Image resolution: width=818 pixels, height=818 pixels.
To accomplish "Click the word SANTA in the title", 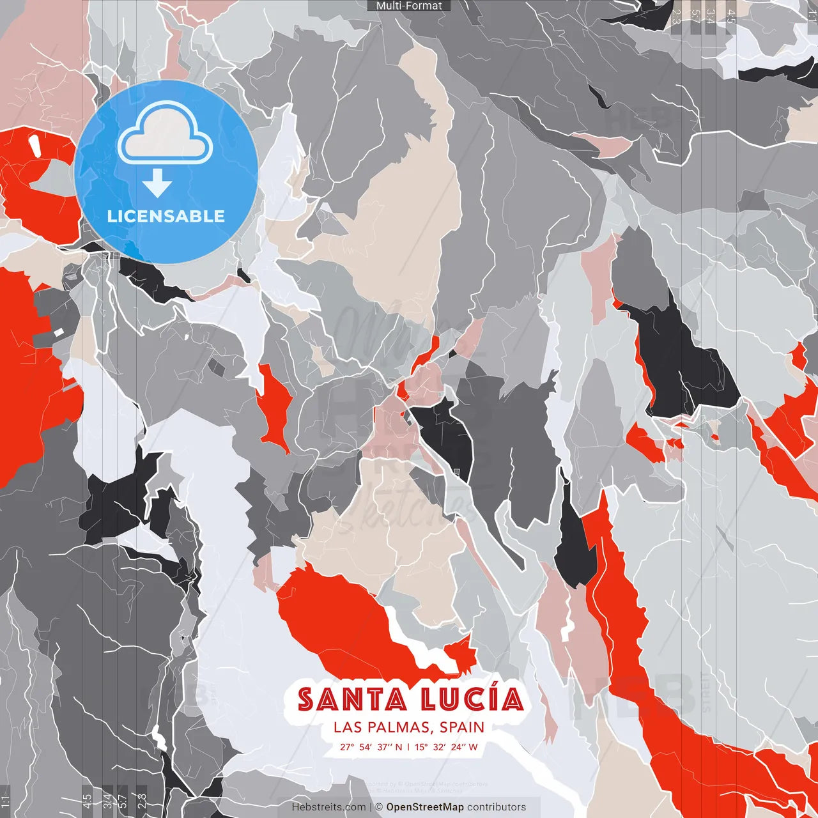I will (x=353, y=700).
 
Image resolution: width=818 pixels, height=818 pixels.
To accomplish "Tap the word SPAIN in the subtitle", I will (x=462, y=727).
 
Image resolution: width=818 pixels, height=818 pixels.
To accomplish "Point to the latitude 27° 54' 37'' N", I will (x=371, y=747).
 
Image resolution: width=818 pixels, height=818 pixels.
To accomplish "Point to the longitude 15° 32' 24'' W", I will (x=446, y=747).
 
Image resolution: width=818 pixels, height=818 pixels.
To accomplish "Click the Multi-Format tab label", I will (x=409, y=6).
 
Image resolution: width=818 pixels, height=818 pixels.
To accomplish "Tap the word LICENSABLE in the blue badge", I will (x=166, y=216).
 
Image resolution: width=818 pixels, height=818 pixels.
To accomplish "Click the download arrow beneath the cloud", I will (x=157, y=183).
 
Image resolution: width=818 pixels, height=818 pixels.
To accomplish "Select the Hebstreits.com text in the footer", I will (x=329, y=807).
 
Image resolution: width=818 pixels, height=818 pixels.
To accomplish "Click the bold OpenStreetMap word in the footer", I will (x=425, y=807).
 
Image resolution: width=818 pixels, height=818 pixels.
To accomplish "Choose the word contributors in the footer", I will (x=497, y=807).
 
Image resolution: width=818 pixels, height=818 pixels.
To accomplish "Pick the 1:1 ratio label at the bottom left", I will (x=5, y=801).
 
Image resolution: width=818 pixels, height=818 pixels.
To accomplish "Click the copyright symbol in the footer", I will (x=379, y=807).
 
